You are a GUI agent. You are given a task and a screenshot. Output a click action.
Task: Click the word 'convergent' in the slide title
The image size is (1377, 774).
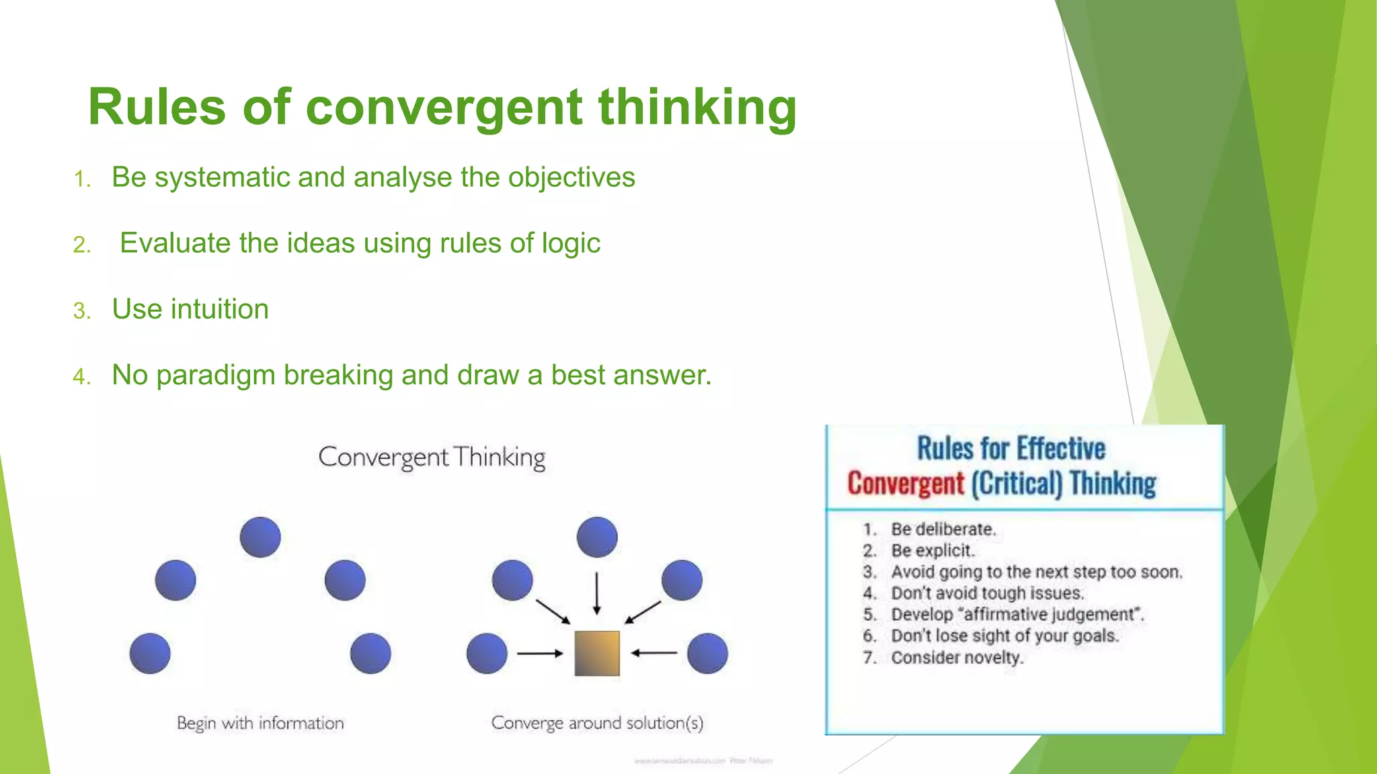tap(444, 107)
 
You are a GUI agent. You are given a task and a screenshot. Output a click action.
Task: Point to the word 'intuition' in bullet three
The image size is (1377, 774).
tap(219, 309)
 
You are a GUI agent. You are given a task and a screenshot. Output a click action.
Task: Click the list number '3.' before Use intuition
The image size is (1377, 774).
tap(81, 311)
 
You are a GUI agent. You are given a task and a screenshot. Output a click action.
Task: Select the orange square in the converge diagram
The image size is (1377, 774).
tap(596, 653)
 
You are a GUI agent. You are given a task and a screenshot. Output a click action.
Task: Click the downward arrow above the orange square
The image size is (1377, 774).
tap(596, 593)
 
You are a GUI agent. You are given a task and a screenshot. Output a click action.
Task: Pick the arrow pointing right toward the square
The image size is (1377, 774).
tap(539, 653)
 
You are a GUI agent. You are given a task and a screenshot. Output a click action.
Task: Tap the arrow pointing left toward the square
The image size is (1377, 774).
tap(654, 652)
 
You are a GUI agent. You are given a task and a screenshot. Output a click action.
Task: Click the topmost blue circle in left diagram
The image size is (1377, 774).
tap(260, 537)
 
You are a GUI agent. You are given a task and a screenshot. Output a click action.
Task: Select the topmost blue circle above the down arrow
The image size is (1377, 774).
tap(596, 537)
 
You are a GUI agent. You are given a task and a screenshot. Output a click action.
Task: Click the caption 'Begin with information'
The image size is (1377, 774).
tap(260, 723)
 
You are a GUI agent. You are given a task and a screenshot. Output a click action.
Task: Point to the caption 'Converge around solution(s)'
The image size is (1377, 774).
tap(597, 723)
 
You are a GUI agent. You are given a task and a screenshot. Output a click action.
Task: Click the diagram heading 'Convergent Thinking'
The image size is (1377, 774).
tap(432, 457)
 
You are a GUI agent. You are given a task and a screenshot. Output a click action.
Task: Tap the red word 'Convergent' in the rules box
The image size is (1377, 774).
tap(905, 484)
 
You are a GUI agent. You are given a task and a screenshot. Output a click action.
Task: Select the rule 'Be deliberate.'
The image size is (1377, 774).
tap(943, 529)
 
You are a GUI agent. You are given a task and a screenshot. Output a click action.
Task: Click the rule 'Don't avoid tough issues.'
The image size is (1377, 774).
tap(987, 593)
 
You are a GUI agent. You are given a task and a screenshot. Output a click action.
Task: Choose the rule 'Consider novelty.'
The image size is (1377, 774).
tap(956, 657)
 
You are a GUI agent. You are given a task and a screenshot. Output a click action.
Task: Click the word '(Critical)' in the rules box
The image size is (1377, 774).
tap(1016, 484)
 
